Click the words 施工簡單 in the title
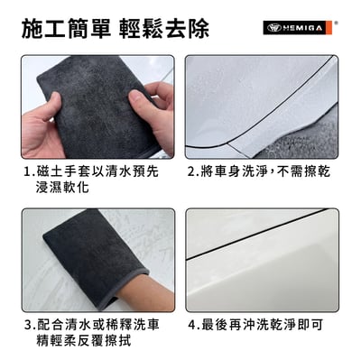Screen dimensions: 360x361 click(60, 28)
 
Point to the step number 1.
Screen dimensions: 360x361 click(28, 171)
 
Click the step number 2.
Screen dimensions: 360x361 click(192, 171)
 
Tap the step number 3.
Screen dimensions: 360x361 click(27, 324)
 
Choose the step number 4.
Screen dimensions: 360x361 click(192, 324)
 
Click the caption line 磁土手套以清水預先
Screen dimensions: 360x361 click(105, 171)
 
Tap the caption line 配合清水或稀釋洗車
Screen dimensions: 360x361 click(105, 324)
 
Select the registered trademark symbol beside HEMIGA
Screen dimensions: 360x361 click(337, 23)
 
